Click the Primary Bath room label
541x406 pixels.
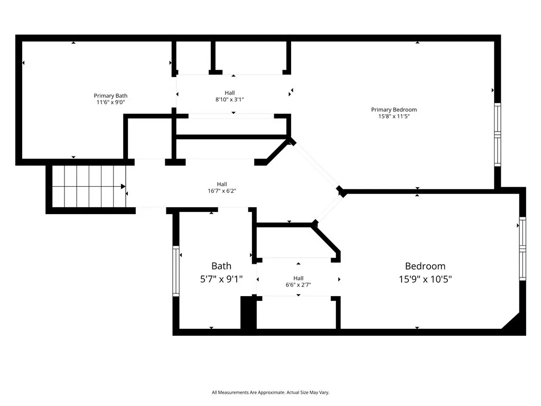110,96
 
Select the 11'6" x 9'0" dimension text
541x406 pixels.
110,102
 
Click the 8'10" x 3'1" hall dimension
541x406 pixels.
229,99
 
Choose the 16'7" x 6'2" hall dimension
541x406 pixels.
222,191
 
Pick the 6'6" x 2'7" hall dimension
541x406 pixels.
298,285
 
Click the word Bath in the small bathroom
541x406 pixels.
221,266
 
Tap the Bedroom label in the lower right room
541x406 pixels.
425,266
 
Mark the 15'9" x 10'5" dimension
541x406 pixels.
425,279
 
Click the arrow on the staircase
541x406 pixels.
123,187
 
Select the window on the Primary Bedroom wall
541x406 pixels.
497,135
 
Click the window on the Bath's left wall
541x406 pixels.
176,270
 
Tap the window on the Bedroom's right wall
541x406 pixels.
523,248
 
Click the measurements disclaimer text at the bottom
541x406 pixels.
270,392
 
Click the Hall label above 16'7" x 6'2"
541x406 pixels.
222,184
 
